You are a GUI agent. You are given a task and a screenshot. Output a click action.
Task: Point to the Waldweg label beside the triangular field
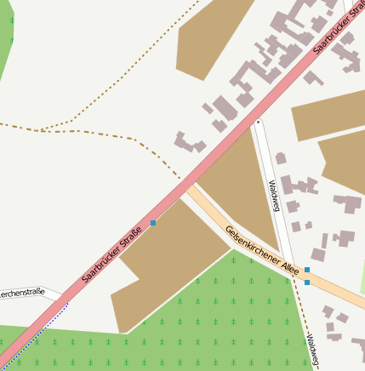tap(274, 196)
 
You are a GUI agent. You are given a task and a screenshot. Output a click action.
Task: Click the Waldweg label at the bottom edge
tap(311, 350)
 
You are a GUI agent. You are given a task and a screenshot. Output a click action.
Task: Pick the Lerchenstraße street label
tap(22, 294)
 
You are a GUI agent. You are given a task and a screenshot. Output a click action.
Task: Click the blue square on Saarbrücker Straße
tap(153, 223)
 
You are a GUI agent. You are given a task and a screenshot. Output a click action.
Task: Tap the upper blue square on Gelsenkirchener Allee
tap(307, 270)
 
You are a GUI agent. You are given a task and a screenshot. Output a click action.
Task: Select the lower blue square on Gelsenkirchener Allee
tap(307, 282)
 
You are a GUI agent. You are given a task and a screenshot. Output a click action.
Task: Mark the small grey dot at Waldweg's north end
tap(258, 123)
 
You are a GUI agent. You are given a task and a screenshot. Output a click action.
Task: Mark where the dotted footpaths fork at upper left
tap(40, 130)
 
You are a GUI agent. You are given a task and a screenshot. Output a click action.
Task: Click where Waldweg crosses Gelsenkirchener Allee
tap(294, 274)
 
